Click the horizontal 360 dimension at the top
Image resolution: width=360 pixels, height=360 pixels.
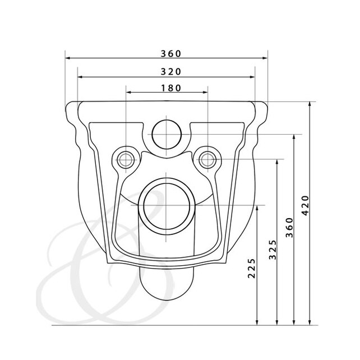click(x=171, y=54)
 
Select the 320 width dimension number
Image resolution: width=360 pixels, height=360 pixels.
click(x=171, y=72)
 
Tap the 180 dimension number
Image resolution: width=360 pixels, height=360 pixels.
click(x=171, y=88)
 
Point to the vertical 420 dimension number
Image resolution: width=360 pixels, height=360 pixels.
click(x=306, y=205)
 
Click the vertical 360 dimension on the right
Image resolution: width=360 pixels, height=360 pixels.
click(x=289, y=228)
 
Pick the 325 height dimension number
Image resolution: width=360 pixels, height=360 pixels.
click(x=273, y=250)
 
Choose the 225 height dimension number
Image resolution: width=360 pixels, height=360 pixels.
click(x=252, y=269)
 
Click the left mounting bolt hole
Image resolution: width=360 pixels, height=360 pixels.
click(x=126, y=160)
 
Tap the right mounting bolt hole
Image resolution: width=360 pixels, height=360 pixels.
click(x=207, y=160)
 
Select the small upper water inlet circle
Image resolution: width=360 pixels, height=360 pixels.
click(x=167, y=135)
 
